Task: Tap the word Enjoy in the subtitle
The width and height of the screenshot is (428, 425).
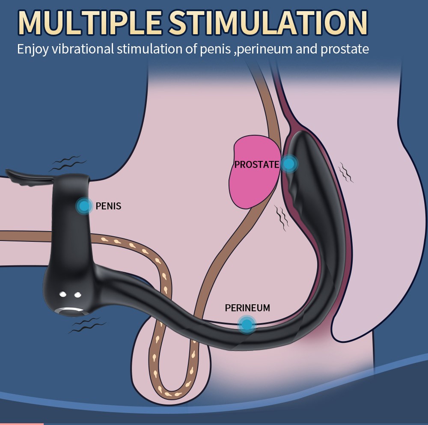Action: tap(33, 49)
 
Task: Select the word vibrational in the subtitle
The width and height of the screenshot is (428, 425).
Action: tap(83, 49)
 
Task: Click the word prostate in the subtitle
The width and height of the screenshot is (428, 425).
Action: tap(345, 49)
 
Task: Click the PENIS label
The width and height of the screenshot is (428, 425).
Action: tap(108, 206)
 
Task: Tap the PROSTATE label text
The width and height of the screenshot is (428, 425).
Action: tap(256, 165)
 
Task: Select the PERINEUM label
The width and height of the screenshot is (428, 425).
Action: tap(247, 308)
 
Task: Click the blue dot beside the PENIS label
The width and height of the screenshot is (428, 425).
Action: tap(84, 206)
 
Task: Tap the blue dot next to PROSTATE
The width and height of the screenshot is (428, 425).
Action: tap(289, 164)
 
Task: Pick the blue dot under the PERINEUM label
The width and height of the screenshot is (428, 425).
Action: tap(247, 325)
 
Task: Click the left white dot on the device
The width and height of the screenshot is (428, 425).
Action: tap(63, 294)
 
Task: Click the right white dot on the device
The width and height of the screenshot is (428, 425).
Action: tap(78, 295)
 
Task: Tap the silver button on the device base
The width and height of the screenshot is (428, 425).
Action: tap(70, 312)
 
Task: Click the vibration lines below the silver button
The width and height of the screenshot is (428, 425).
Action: tap(87, 325)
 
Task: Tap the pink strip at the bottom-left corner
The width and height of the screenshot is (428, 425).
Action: tap(21, 424)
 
